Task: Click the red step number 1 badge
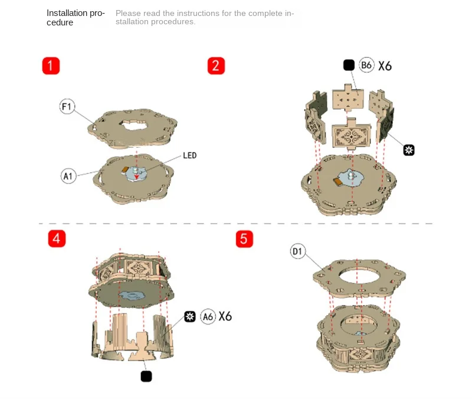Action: (x=51, y=66)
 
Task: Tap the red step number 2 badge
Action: (x=216, y=66)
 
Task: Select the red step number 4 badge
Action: (x=57, y=239)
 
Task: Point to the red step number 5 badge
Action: (x=244, y=239)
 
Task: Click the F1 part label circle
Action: (x=67, y=106)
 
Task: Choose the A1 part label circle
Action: (x=68, y=176)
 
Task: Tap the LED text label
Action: (x=189, y=155)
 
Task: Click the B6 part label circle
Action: (x=366, y=65)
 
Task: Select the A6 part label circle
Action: (x=208, y=317)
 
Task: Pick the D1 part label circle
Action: (x=298, y=251)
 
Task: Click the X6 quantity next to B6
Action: (x=385, y=66)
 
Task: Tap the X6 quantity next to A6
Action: (x=225, y=316)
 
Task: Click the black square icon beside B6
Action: (x=349, y=65)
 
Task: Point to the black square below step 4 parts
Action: (x=146, y=377)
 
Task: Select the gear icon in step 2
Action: (x=409, y=150)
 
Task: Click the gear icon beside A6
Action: (x=190, y=316)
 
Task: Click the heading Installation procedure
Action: (x=76, y=18)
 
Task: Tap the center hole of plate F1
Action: (x=133, y=124)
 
